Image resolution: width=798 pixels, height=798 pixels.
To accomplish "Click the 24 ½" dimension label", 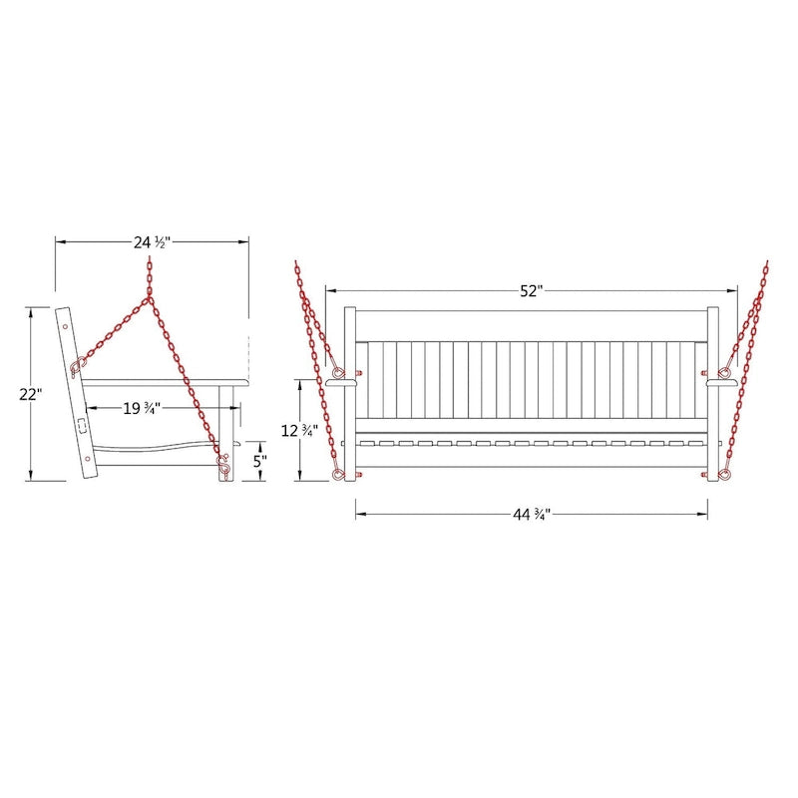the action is coord(152,242).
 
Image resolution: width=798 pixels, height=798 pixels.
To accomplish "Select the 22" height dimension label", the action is coord(31,394).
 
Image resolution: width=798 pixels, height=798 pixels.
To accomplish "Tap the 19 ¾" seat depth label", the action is coord(142,408).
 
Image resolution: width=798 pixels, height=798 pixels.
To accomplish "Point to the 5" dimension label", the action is coord(260,462).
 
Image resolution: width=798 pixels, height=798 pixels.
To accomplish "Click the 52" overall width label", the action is coord(532,291).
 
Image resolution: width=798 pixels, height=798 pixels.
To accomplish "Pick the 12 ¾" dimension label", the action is coord(300,431).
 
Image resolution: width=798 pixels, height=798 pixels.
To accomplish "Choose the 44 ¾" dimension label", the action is coord(532,515).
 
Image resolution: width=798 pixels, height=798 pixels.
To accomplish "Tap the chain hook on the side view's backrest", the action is coord(78,366).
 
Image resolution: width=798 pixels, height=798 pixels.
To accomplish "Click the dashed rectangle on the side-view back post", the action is coord(82,425).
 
